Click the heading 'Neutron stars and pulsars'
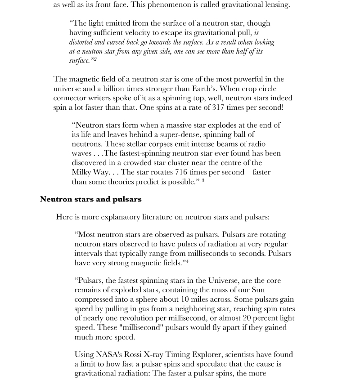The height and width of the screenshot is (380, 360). click(90, 199)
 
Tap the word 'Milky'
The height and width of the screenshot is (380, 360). click(82, 172)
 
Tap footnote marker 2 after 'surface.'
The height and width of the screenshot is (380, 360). click(95, 59)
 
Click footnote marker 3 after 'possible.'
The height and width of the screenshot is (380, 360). click(203, 181)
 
